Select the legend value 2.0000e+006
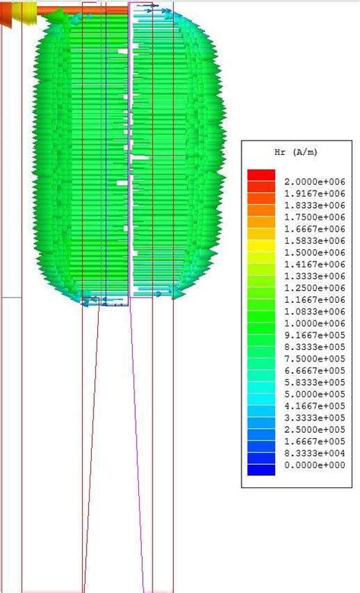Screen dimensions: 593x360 pos(309,181)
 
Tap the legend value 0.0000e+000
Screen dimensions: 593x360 pos(309,464)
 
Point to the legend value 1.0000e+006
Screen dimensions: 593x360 pos(309,323)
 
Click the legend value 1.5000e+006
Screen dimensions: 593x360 pos(309,252)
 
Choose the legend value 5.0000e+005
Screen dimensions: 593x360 pos(309,393)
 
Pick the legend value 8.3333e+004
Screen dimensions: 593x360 pos(309,453)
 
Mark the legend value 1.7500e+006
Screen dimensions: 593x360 pos(309,216)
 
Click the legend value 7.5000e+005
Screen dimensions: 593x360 pos(309,358)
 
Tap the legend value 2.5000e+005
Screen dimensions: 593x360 pos(309,429)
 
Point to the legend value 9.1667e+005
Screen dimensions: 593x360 pos(309,335)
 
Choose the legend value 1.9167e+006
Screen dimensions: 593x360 pos(309,193)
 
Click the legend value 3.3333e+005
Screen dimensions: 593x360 pos(309,417)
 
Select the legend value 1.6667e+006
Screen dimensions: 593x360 pos(309,229)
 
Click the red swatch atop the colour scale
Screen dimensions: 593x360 pos(261,175)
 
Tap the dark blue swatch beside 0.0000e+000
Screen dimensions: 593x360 pos(261,469)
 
